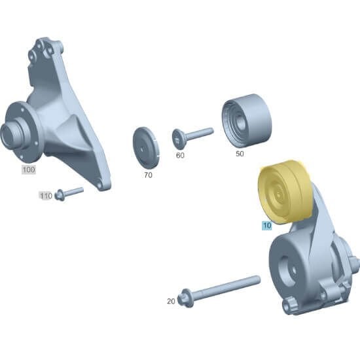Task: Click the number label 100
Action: click(x=28, y=170)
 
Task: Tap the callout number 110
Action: click(x=45, y=196)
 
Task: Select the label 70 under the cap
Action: click(x=148, y=175)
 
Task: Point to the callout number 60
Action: click(x=180, y=156)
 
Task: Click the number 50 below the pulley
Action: click(x=240, y=154)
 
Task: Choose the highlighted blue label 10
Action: click(x=266, y=226)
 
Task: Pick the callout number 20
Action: click(x=171, y=301)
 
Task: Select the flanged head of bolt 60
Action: click(x=179, y=139)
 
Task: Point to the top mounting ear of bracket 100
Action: click(x=46, y=46)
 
